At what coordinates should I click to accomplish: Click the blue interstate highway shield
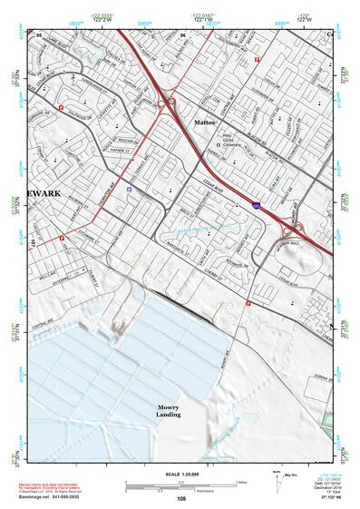[x=258, y=207]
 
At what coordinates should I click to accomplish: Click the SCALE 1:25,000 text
[x=179, y=473]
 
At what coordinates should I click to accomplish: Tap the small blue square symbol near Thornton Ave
[x=130, y=190]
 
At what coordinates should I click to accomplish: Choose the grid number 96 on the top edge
[x=183, y=34]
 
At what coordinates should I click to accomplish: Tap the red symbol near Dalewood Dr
[x=61, y=108]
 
